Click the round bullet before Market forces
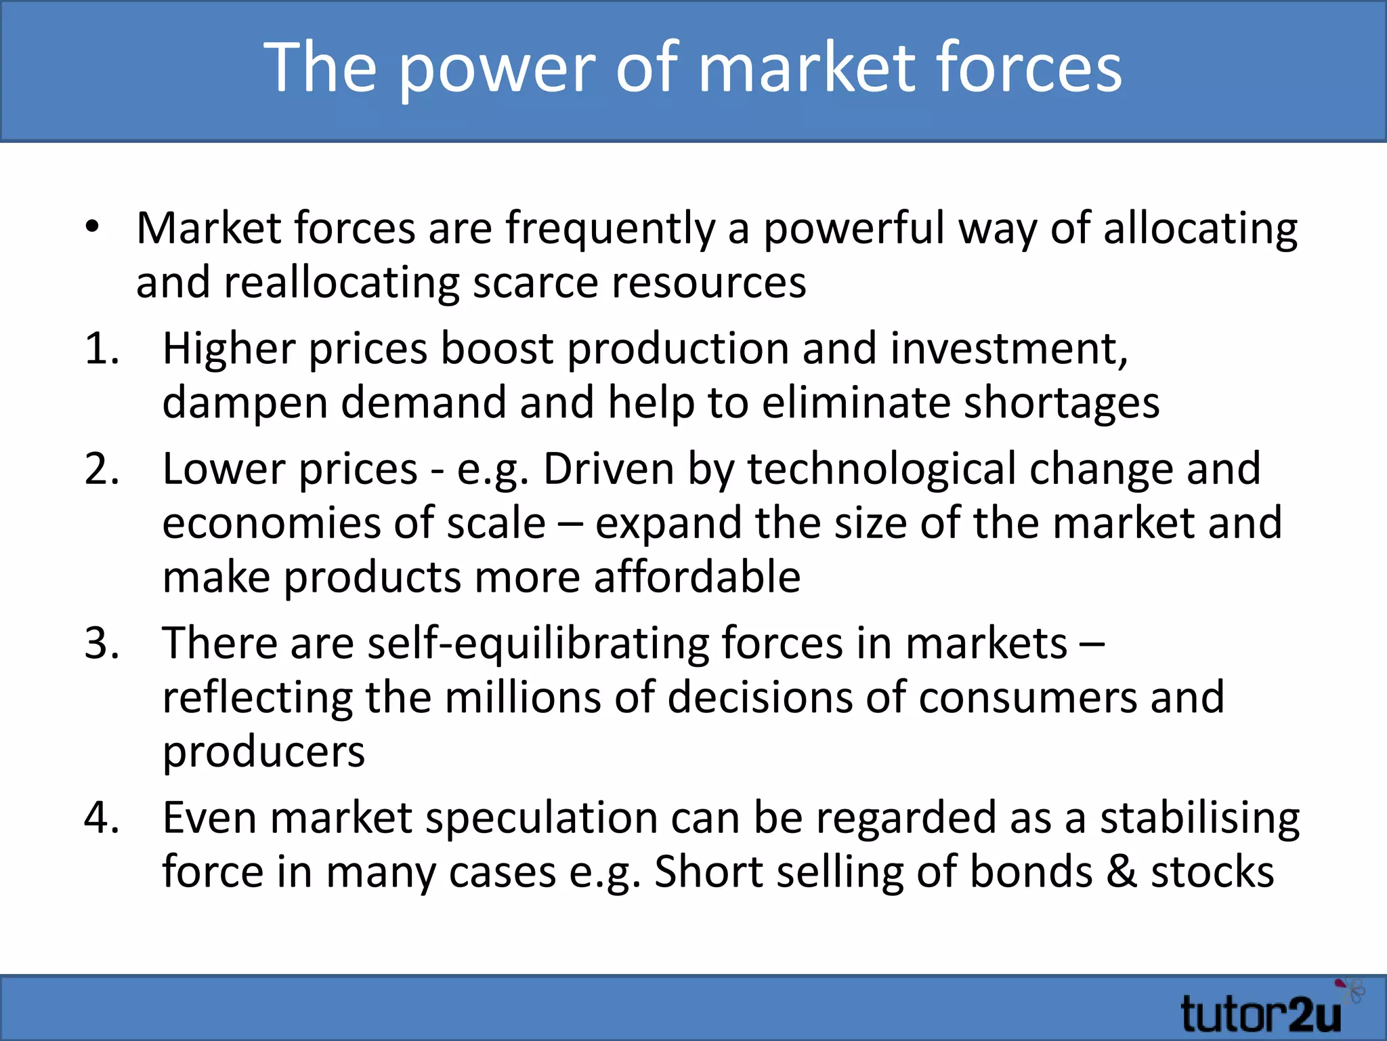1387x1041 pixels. point(93,228)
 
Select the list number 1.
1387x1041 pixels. point(102,350)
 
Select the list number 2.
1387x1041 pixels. point(102,470)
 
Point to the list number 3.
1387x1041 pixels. point(102,644)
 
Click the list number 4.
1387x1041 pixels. point(102,818)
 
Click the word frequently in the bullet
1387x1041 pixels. point(610,229)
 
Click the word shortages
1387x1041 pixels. point(1061,403)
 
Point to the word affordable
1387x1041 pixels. point(697,577)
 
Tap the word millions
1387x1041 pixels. point(522,697)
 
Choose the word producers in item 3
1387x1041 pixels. point(263,752)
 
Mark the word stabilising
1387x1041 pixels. point(1199,818)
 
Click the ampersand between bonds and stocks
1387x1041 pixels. point(1121,872)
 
